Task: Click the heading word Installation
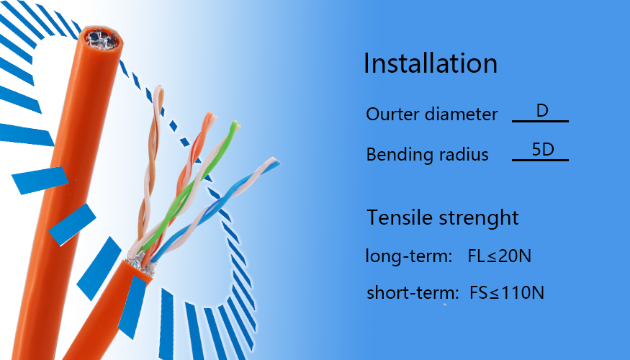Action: pyautogui.click(x=431, y=63)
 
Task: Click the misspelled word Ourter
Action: pyautogui.click(x=392, y=114)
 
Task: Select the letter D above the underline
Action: pyautogui.click(x=542, y=110)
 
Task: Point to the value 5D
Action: pyautogui.click(x=543, y=150)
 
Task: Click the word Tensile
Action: pyautogui.click(x=399, y=217)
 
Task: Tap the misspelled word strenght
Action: pyautogui.click(x=479, y=218)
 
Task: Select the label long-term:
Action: pyautogui.click(x=409, y=256)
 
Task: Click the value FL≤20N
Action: pyautogui.click(x=500, y=256)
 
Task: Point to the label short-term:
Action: pyautogui.click(x=413, y=292)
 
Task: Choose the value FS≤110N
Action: pyautogui.click(x=507, y=292)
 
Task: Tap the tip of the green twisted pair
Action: pyautogui.click(x=234, y=123)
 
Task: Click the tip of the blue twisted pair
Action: pyautogui.click(x=276, y=161)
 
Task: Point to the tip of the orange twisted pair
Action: pyautogui.click(x=210, y=115)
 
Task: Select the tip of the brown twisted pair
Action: pyautogui.click(x=159, y=89)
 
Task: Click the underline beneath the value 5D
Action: pyautogui.click(x=540, y=160)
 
